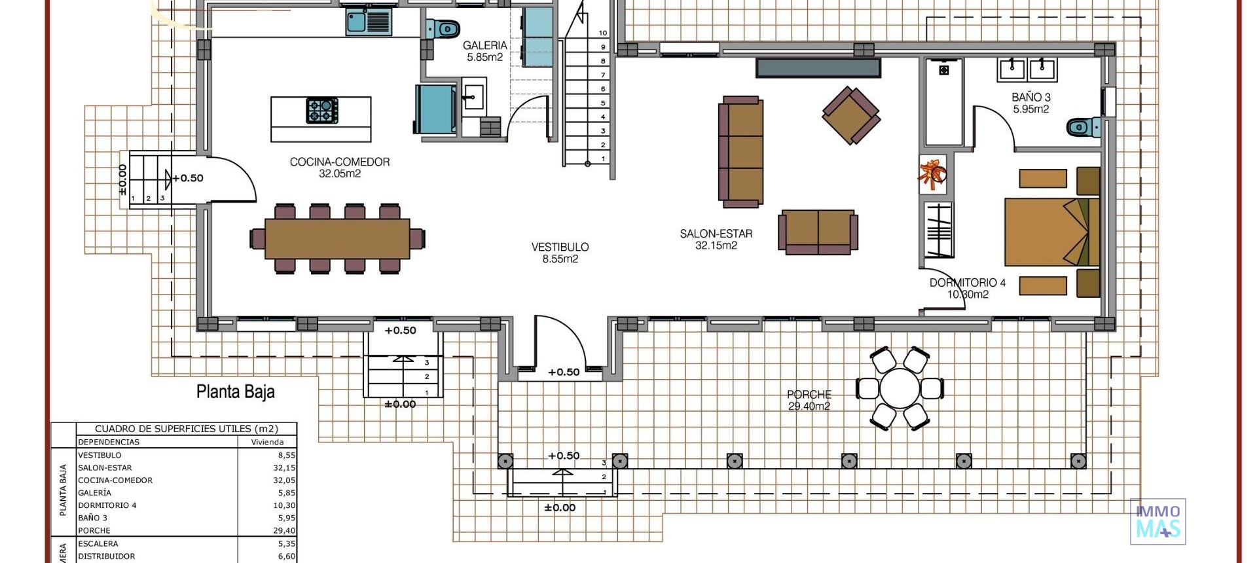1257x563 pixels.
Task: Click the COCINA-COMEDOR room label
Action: click(339, 168)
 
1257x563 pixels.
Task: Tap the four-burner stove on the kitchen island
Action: click(322, 111)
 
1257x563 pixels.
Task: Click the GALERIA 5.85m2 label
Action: click(484, 51)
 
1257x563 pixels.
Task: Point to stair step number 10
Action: click(603, 33)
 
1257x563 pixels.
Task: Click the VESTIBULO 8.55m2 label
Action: click(560, 253)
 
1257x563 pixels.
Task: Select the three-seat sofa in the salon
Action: click(740, 152)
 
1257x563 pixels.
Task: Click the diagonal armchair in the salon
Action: click(850, 115)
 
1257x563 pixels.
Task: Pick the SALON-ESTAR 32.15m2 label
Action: click(716, 239)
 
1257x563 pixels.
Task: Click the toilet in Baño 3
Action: click(1082, 127)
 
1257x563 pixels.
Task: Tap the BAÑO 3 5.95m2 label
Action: click(1030, 103)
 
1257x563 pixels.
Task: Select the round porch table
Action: click(900, 388)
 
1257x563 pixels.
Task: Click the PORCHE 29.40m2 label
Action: click(809, 400)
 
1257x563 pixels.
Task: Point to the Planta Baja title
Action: click(236, 392)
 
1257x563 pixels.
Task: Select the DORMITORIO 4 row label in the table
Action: click(107, 505)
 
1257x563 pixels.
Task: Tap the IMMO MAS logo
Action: click(1157, 521)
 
